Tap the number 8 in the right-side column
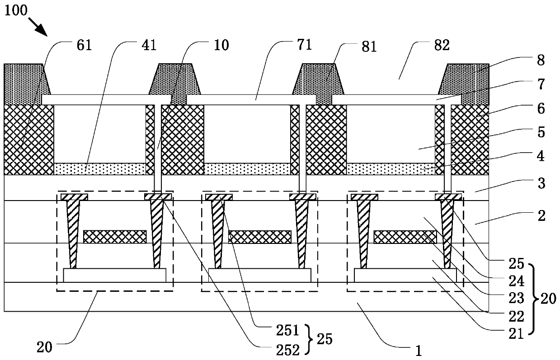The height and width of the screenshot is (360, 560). pyautogui.click(x=541, y=61)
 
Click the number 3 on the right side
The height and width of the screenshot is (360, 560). pyautogui.click(x=541, y=184)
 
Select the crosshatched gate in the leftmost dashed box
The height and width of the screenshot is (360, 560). pyautogui.click(x=115, y=237)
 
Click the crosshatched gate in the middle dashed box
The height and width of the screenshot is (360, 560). pyautogui.click(x=260, y=237)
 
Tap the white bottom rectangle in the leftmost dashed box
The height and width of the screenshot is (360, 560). pyautogui.click(x=115, y=275)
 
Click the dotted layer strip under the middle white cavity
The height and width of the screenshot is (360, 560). pyautogui.click(x=247, y=169)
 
